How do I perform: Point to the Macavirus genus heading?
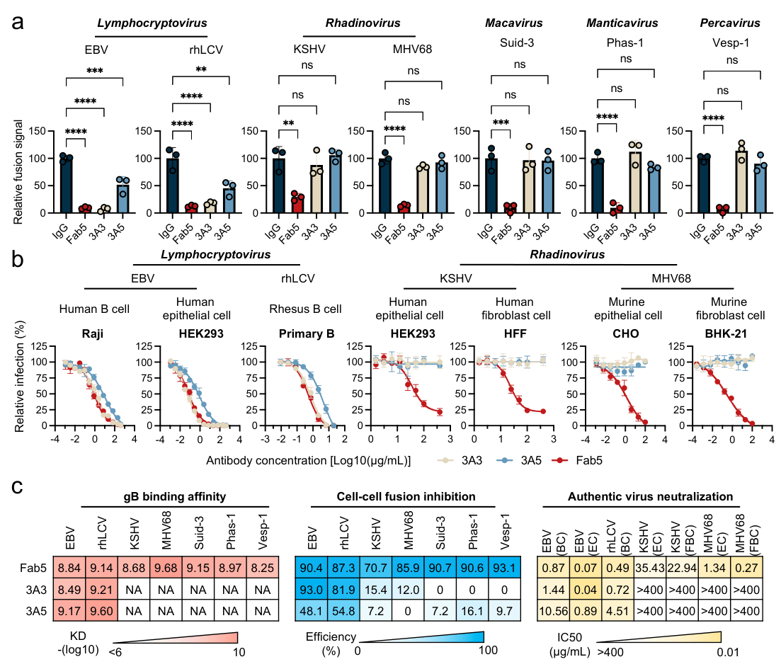pyautogui.click(x=509, y=23)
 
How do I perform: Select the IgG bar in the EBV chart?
pyautogui.click(x=67, y=185)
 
